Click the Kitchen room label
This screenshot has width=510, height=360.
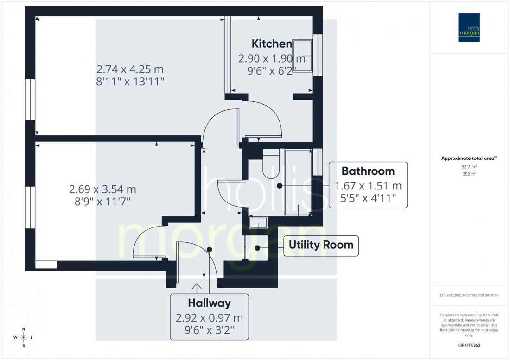point(272,44)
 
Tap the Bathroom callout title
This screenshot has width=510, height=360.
point(368,171)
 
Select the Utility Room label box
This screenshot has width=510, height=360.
point(321,245)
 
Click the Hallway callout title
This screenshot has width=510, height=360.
point(209,303)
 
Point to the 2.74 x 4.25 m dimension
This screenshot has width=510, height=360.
point(130,69)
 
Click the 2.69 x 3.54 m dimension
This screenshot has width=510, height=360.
point(102,189)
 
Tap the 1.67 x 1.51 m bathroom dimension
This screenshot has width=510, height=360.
point(368,187)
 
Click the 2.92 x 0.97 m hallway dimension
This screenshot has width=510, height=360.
point(209,319)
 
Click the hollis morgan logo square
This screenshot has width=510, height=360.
point(469,27)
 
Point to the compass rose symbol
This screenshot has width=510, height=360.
point(24,337)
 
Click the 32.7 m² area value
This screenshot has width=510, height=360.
point(469,166)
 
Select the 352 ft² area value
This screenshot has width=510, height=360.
point(469,174)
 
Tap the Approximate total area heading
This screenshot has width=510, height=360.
point(469,158)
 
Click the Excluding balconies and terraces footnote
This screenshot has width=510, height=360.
point(469,295)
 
